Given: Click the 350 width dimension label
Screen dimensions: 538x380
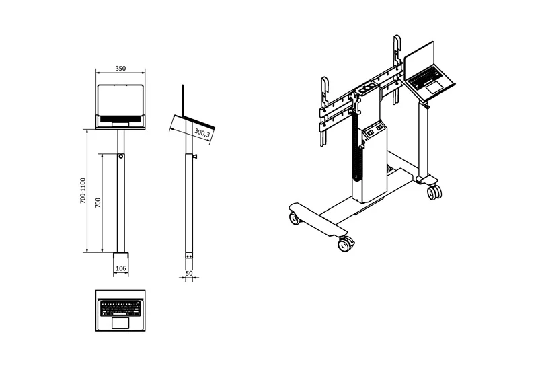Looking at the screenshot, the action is [x=120, y=69].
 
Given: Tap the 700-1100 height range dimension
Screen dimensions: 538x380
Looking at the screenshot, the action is [x=83, y=190].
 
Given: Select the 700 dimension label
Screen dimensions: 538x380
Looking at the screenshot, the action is [x=98, y=202].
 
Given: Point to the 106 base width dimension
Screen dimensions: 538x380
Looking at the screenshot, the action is [x=121, y=268].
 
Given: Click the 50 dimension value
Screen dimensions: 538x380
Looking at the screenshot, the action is [x=189, y=273].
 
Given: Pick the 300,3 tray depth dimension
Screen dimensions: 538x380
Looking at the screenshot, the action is [x=202, y=132].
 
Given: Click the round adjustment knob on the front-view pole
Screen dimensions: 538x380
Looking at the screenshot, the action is [x=121, y=157].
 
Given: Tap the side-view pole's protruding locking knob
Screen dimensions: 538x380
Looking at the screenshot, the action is [x=195, y=157].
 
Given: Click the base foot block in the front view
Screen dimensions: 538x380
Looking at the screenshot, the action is [x=121, y=256].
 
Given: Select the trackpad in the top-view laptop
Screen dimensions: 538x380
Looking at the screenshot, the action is [x=120, y=323].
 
